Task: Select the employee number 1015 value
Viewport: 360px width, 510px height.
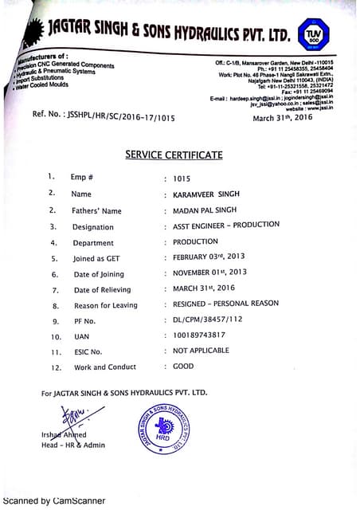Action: click(x=182, y=179)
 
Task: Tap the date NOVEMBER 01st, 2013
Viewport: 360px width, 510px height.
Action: click(x=209, y=273)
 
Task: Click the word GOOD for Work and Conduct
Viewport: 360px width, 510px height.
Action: click(x=183, y=366)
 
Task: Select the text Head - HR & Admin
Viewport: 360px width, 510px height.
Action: click(x=73, y=445)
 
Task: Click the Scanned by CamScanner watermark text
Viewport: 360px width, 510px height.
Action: click(x=56, y=502)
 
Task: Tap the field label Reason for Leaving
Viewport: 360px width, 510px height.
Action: click(x=105, y=305)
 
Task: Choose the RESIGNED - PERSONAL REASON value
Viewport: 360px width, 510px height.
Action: click(x=225, y=304)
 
